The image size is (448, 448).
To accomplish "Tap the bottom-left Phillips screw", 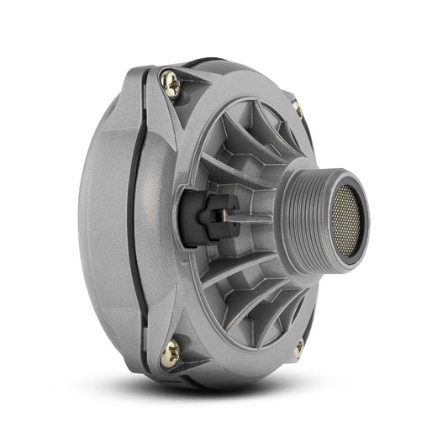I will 170,354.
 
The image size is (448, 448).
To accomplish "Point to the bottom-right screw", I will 299,346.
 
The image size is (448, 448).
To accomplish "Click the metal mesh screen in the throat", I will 346,221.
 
